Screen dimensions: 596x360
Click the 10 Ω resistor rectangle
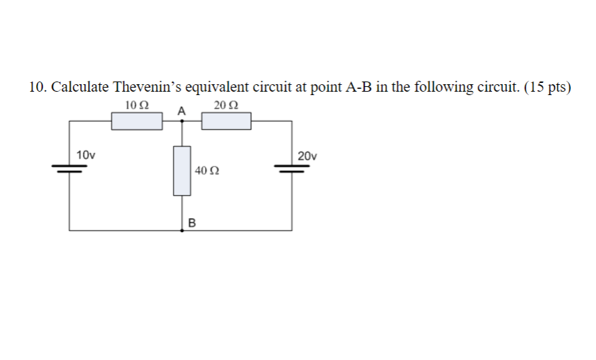click(136, 122)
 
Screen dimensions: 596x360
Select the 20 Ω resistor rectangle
click(226, 122)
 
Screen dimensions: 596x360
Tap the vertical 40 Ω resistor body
click(181, 170)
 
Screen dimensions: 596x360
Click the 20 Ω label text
click(226, 105)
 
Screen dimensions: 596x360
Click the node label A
click(181, 110)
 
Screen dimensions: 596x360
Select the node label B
click(191, 222)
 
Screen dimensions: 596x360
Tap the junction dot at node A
click(181, 122)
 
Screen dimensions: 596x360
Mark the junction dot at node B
click(181, 230)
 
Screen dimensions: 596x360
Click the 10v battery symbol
click(69, 170)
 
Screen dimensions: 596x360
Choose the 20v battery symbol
click(293, 170)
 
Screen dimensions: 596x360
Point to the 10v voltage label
click(86, 156)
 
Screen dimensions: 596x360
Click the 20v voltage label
click(308, 156)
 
